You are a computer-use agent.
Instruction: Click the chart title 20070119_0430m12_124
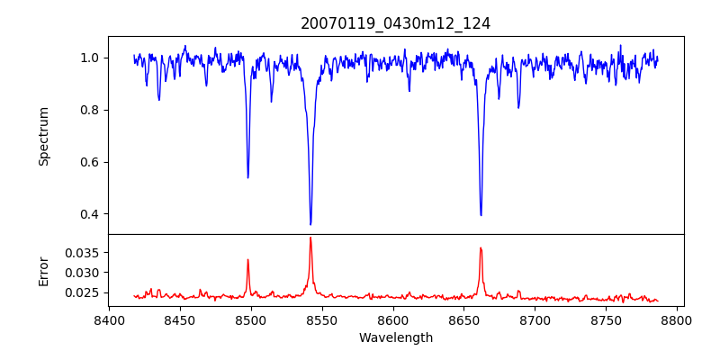[395, 23]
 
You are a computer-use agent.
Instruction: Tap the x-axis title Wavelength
[395, 337]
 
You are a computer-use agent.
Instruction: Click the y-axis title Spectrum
[43, 136]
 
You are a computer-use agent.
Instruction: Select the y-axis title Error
[43, 270]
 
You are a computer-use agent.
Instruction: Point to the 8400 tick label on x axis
[109, 320]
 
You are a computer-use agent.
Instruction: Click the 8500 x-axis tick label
[251, 320]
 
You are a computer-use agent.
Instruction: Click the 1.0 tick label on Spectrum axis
[90, 58]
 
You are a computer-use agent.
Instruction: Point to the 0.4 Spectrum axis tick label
[90, 214]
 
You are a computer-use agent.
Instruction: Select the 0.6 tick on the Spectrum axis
[90, 162]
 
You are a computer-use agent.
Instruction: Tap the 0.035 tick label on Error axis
[81, 253]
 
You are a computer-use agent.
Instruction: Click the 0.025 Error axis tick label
[81, 292]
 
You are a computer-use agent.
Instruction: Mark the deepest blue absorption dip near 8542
[310, 224]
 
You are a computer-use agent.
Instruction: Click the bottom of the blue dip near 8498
[248, 177]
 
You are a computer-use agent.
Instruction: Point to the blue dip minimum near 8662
[481, 215]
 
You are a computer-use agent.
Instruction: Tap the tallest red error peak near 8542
[310, 238]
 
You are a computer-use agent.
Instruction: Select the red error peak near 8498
[248, 260]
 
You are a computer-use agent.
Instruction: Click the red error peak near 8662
[481, 247]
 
